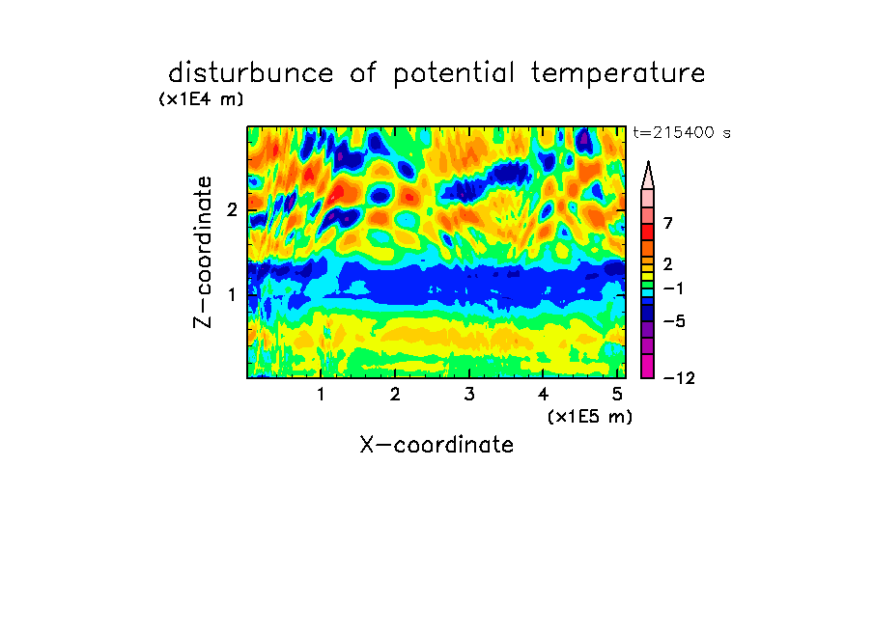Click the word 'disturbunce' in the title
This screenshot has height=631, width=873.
(x=251, y=72)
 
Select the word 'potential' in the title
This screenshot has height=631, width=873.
(x=454, y=74)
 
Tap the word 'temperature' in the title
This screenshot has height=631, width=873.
(x=618, y=74)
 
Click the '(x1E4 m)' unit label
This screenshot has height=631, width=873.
(x=201, y=99)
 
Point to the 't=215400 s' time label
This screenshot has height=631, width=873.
(x=682, y=132)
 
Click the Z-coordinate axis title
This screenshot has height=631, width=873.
(x=203, y=252)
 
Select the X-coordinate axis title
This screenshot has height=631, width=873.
(x=436, y=445)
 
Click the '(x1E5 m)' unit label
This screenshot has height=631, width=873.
(x=590, y=416)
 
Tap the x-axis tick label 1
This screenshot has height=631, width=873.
(x=321, y=395)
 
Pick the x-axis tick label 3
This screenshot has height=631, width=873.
(x=469, y=395)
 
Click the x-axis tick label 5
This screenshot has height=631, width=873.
(x=617, y=395)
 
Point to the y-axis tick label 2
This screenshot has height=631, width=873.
(x=232, y=210)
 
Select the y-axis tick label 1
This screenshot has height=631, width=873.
(x=232, y=294)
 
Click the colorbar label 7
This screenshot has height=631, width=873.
(x=668, y=224)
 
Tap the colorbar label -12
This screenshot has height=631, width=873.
(x=679, y=378)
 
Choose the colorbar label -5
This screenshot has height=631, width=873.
(x=674, y=321)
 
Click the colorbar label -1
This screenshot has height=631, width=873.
(x=673, y=288)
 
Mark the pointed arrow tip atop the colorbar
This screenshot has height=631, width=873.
(x=648, y=162)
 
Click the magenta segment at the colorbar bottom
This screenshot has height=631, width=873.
(x=648, y=366)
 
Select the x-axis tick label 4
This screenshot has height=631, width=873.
(x=544, y=395)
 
